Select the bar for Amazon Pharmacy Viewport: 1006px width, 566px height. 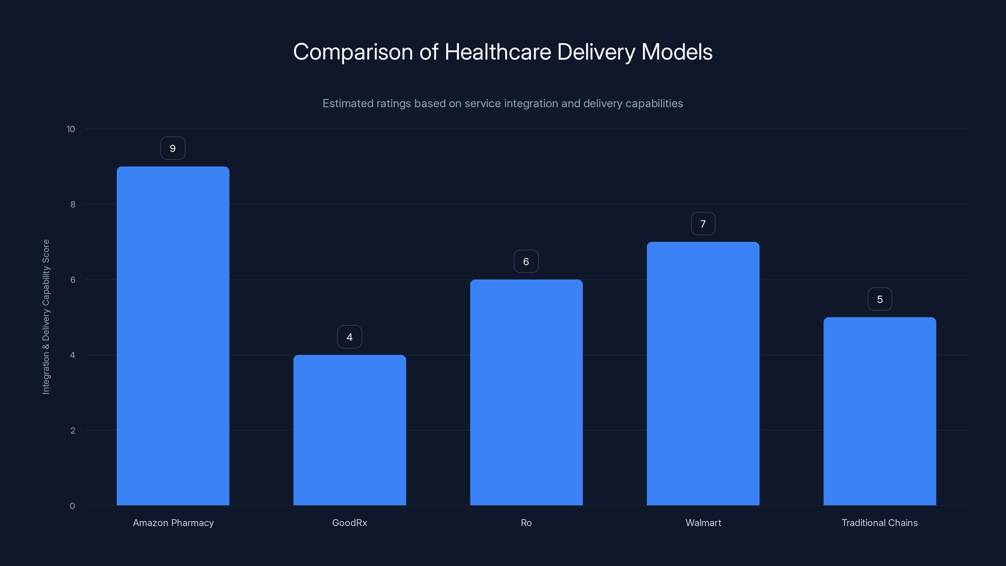(173, 336)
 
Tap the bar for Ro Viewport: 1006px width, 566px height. (526, 392)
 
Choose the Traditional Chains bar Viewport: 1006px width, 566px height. (880, 411)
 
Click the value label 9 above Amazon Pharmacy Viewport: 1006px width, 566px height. (173, 148)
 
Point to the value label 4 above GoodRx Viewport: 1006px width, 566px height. (350, 337)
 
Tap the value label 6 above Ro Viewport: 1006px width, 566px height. (526, 262)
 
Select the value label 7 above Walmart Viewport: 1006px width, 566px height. (703, 224)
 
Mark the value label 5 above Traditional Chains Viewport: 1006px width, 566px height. (880, 299)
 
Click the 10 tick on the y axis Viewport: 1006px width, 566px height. (71, 129)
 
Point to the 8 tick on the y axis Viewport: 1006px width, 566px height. (73, 205)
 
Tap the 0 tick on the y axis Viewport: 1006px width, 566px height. (72, 506)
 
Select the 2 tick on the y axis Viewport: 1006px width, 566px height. (73, 431)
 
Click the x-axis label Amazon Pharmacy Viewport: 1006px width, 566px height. (173, 523)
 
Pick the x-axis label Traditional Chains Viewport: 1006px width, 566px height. (880, 523)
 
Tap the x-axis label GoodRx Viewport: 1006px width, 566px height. (350, 523)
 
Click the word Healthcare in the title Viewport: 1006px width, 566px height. (498, 52)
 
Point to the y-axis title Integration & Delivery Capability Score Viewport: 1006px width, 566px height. (46, 317)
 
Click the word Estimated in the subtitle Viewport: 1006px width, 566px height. (348, 103)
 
